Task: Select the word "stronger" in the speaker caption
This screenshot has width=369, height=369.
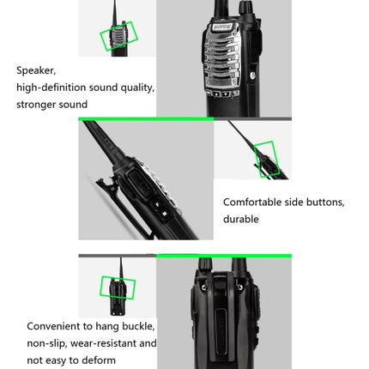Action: pyautogui.click(x=38, y=105)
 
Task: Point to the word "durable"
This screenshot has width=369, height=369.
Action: pyautogui.click(x=242, y=220)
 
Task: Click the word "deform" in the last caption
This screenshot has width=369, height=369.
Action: pyautogui.click(x=96, y=360)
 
